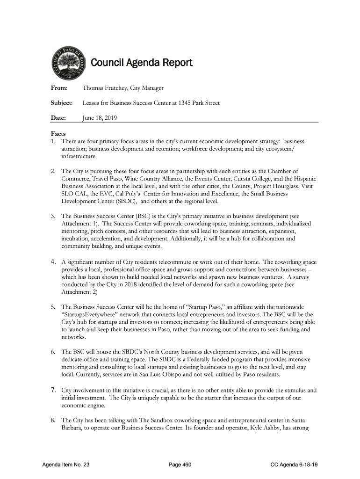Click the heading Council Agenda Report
click(141, 63)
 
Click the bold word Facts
click(58, 133)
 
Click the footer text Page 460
click(180, 464)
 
